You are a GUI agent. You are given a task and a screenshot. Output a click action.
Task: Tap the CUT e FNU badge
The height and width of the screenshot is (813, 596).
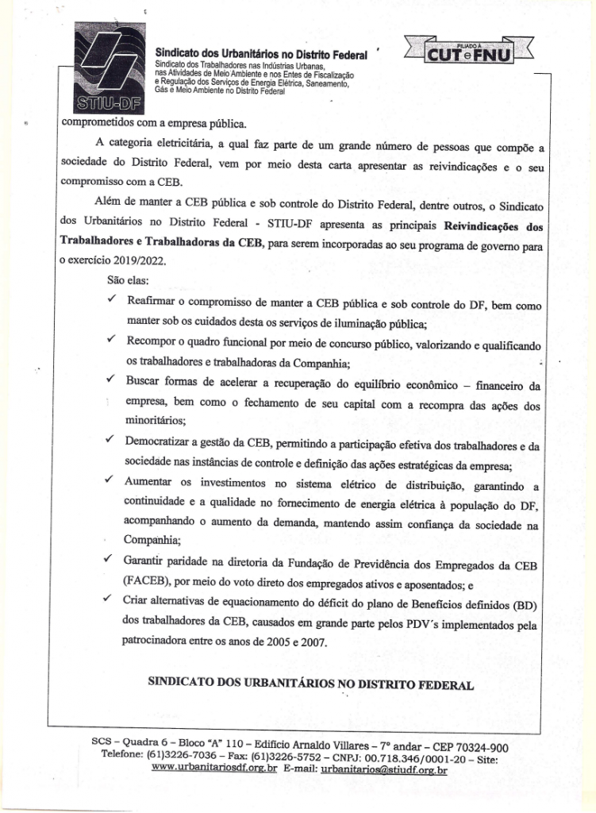click(x=470, y=54)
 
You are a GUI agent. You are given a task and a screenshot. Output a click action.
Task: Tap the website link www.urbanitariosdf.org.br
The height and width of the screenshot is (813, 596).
click(x=213, y=769)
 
